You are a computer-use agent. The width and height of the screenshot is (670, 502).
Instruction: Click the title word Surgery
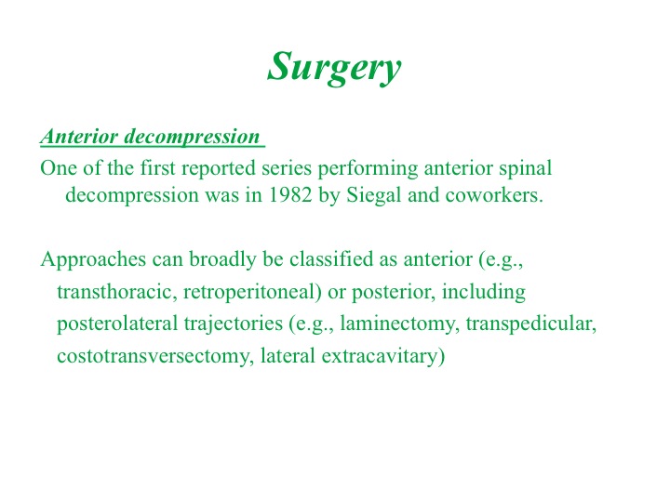tap(334, 68)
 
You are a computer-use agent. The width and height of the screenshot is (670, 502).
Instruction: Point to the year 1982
tap(290, 195)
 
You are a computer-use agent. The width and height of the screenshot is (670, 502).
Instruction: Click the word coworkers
tap(494, 195)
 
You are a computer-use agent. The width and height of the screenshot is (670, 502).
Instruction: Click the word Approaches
tap(93, 259)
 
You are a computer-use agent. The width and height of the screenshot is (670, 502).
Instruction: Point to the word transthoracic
tap(116, 292)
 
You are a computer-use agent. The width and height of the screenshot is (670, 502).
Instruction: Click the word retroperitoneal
tap(252, 293)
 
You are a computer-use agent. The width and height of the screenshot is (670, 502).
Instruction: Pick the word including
tap(484, 293)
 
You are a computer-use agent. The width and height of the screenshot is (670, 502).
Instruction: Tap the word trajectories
tap(234, 324)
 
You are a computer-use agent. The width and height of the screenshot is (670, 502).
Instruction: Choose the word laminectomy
tap(399, 324)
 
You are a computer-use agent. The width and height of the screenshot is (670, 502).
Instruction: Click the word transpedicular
tap(530, 324)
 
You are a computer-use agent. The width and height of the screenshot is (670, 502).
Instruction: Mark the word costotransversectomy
tap(153, 356)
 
